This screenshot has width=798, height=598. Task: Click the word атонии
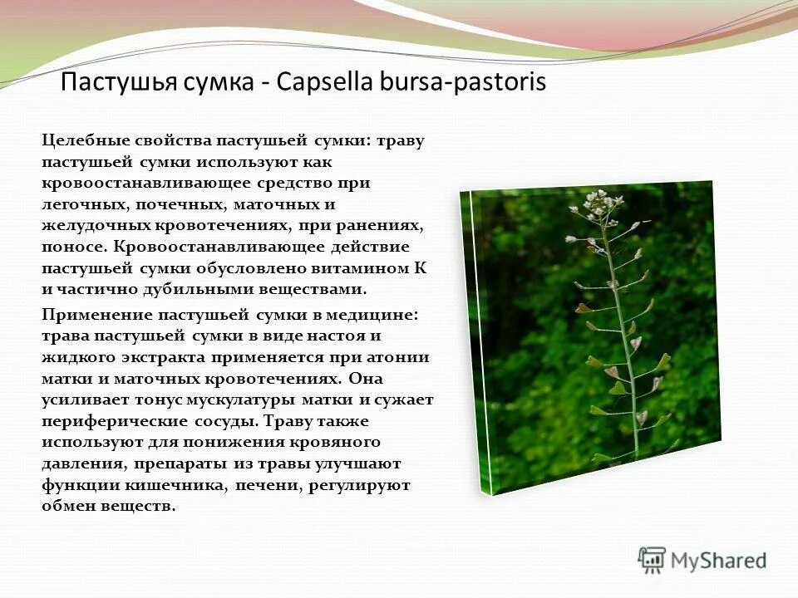click(401, 357)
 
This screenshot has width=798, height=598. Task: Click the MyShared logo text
click(718, 561)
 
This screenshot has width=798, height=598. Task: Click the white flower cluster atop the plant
click(596, 200)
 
